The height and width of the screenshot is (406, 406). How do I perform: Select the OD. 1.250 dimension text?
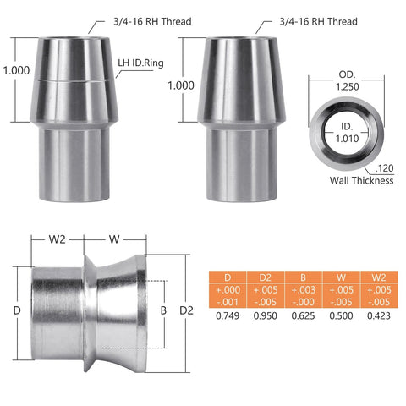pyautogui.click(x=348, y=80)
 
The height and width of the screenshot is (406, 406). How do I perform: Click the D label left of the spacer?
pyautogui.click(x=17, y=310)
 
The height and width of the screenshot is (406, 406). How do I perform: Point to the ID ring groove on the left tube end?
pyautogui.click(x=72, y=79)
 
